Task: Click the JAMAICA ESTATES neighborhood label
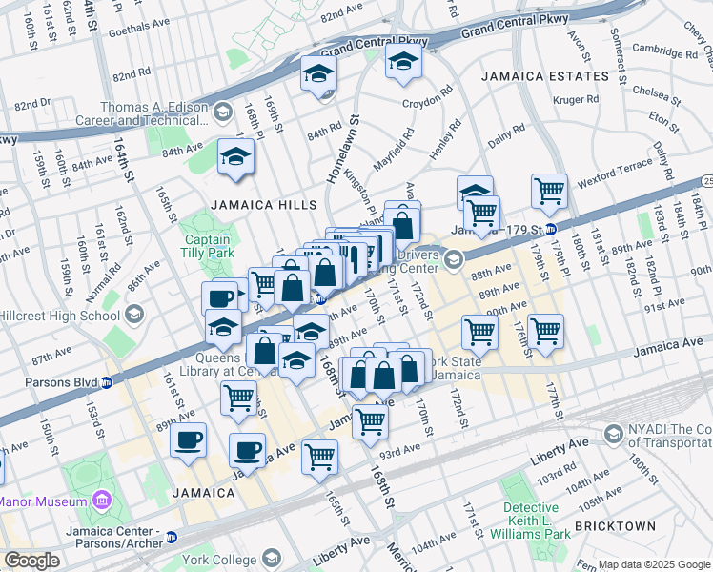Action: tap(544, 75)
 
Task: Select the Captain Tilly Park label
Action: tap(207, 247)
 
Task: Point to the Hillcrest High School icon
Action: tap(134, 314)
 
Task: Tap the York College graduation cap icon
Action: tap(272, 558)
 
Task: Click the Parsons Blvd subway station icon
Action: tap(107, 383)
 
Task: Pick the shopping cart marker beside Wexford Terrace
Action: tap(549, 190)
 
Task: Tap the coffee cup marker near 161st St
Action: tap(188, 440)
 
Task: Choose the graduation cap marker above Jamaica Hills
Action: tap(234, 156)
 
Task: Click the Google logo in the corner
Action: tap(32, 561)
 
